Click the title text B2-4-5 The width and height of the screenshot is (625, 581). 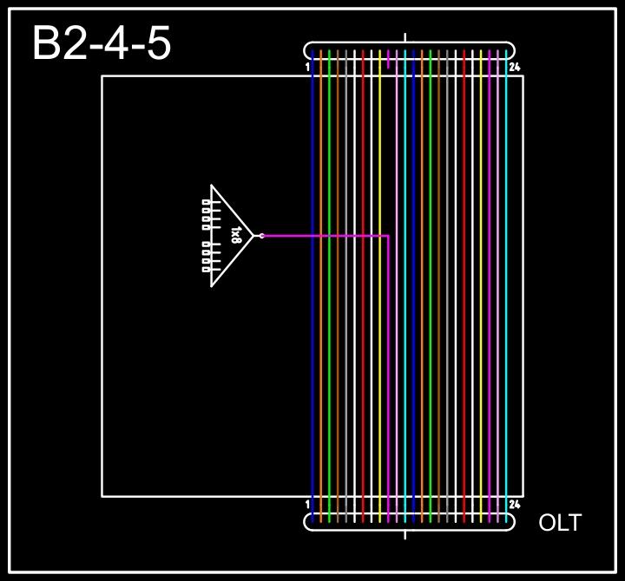pos(102,43)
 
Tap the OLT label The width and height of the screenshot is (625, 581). pos(560,523)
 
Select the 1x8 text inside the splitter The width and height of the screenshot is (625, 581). pos(236,235)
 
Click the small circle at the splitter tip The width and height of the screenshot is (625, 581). pos(261,235)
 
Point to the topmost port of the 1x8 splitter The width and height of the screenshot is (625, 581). pos(206,202)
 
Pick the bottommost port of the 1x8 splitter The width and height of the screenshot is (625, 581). pos(206,269)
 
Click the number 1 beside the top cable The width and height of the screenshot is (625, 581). pos(308,67)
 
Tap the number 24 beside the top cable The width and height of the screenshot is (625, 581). pos(514,67)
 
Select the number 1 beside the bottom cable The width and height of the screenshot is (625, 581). pos(308,504)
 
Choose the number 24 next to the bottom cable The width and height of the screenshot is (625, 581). pos(514,504)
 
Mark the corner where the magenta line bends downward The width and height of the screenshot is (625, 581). pos(388,236)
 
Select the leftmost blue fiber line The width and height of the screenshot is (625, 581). pos(312,347)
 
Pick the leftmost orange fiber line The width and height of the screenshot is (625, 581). pos(321,347)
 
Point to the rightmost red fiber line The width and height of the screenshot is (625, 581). pos(464,347)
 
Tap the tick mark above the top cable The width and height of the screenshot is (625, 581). pos(405,37)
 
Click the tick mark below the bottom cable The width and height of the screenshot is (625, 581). pos(405,534)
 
